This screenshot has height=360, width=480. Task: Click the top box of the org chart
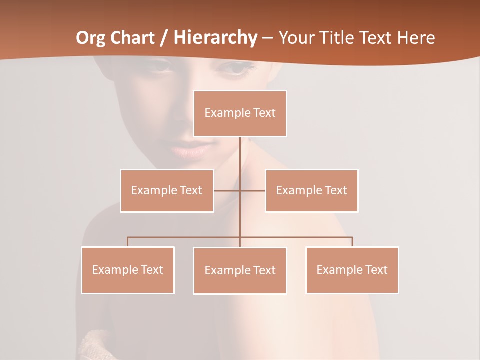coord(240,113)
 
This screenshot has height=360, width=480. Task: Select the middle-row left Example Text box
coord(167,190)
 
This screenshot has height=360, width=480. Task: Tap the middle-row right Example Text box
coord(311,190)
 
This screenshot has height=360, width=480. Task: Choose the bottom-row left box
coord(128,270)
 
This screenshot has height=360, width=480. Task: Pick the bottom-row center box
coord(240,270)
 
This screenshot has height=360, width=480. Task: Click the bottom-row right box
coord(352,270)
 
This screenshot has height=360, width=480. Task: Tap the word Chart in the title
coord(130,38)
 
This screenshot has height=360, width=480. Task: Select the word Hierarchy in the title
coord(215,38)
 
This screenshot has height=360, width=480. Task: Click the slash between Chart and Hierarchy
coord(164,38)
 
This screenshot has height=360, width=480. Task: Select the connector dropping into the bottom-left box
coord(128,242)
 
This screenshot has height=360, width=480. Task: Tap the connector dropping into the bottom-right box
coord(352,242)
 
